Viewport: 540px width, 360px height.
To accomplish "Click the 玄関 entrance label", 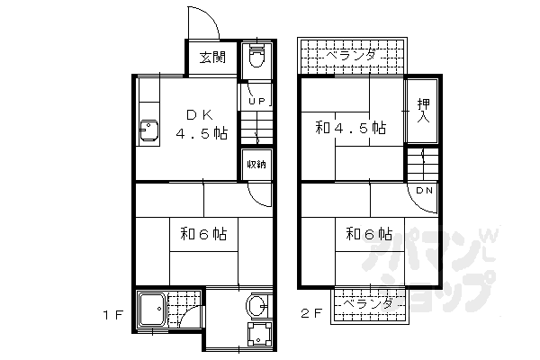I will point(212,58).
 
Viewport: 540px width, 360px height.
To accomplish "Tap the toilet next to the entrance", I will point(256,56).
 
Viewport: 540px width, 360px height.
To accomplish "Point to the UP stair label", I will point(255,101).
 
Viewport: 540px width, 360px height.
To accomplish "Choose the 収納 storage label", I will point(256,164).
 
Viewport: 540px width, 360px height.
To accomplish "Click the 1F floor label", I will point(113,316).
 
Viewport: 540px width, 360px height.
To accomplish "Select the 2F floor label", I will point(310,316).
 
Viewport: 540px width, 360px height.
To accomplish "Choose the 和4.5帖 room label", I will point(350,128).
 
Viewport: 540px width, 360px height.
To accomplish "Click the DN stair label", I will point(425,191).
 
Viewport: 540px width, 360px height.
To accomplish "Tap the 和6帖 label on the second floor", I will point(369,235).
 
